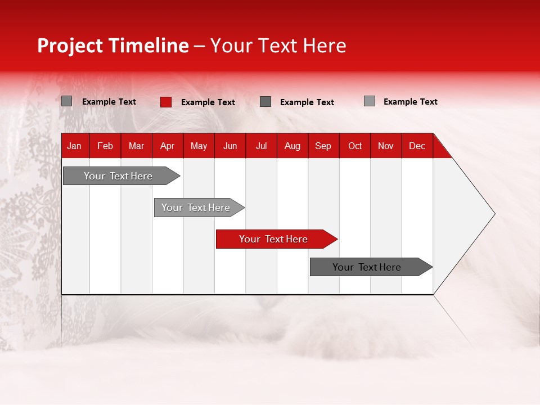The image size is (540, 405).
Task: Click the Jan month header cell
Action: tap(75, 146)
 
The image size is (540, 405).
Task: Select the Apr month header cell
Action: tap(168, 146)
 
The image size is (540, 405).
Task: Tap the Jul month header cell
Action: tap(262, 146)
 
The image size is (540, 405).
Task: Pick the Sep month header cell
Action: tap(323, 146)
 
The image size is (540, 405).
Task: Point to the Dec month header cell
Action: tap(417, 146)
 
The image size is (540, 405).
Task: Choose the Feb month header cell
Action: tap(105, 146)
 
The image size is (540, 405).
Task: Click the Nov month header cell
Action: tap(386, 146)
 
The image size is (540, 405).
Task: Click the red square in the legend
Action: tap(166, 102)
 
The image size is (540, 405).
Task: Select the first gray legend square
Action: tap(67, 101)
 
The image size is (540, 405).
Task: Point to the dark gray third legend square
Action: tap(265, 102)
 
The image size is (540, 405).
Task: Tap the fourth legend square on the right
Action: tap(370, 101)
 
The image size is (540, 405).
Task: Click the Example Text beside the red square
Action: tap(208, 102)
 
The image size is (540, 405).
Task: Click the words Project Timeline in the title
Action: tap(113, 46)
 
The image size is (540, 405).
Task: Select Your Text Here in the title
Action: tap(278, 46)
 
